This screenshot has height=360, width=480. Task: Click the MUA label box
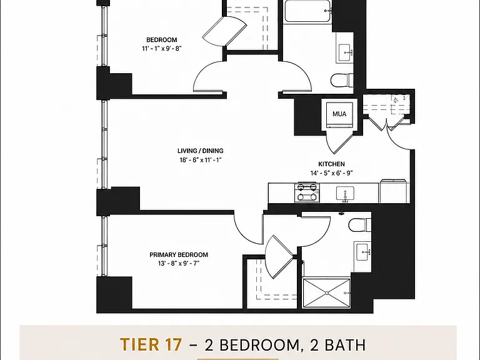point(339,114)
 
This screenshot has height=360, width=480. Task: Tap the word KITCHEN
point(331,164)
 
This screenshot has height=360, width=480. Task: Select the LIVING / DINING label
point(201,151)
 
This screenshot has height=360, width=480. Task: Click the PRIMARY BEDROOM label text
point(179,255)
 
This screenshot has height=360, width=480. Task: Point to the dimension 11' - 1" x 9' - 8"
point(162,48)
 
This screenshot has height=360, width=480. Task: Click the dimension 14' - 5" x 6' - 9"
point(331,173)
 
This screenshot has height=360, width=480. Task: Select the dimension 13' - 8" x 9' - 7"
point(179,263)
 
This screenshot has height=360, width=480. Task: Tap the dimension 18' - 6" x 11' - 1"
point(201,160)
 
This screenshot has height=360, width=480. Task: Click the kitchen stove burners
point(307,192)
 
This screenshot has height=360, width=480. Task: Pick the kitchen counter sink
point(345,194)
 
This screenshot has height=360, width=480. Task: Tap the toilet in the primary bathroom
point(360,225)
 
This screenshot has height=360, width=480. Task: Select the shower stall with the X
point(326,292)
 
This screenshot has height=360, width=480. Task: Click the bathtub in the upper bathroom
point(307,11)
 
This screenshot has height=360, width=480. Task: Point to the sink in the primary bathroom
point(363,252)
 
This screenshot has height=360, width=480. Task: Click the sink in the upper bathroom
point(345,52)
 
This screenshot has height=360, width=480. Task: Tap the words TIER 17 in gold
point(151,344)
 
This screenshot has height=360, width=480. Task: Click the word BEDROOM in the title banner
point(259,345)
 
